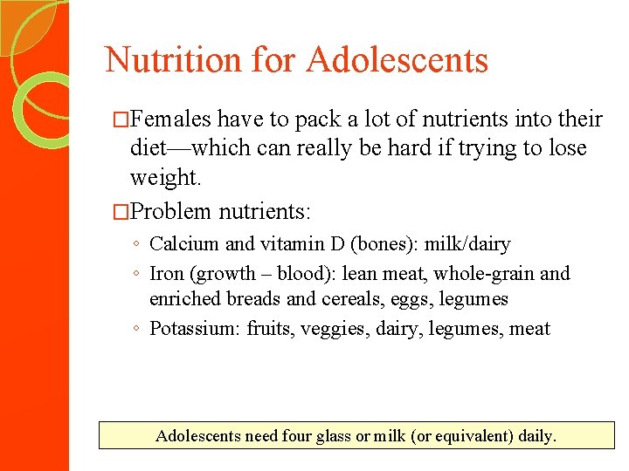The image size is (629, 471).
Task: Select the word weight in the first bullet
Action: pos(164,178)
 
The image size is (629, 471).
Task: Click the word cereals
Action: pos(351,299)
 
